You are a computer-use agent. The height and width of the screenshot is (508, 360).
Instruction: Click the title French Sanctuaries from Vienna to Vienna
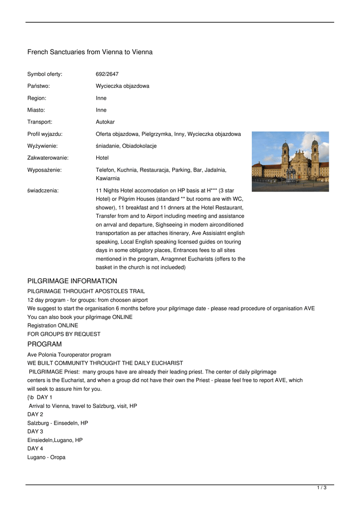90,52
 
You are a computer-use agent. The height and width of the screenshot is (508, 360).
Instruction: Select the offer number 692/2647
107,74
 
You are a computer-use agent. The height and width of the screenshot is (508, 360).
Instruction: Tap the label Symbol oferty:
45,74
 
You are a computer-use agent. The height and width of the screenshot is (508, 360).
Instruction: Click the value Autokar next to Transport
105,122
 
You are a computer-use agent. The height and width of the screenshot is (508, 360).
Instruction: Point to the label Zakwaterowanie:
48,158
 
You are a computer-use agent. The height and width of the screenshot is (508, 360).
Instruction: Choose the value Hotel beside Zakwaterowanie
102,158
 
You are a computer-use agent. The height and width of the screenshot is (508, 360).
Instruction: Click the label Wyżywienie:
42,146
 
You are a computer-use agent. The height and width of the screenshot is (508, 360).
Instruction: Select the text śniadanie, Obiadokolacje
126,146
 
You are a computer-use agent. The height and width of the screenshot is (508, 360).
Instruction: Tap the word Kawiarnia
108,178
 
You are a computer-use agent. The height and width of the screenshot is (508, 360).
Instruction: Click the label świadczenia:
43,190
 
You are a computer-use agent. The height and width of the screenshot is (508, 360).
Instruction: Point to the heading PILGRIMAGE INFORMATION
72,281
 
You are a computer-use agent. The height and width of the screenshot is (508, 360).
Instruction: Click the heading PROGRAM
45,344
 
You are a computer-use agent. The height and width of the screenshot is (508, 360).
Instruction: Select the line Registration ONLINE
53,325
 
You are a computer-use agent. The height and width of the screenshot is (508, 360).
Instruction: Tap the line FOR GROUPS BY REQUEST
64,334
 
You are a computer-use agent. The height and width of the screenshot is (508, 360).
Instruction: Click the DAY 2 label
35,414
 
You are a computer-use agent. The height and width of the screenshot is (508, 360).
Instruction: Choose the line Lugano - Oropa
46,457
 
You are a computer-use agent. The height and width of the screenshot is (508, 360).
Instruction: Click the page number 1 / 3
322,488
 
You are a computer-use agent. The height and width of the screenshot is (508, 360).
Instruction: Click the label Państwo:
38,86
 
